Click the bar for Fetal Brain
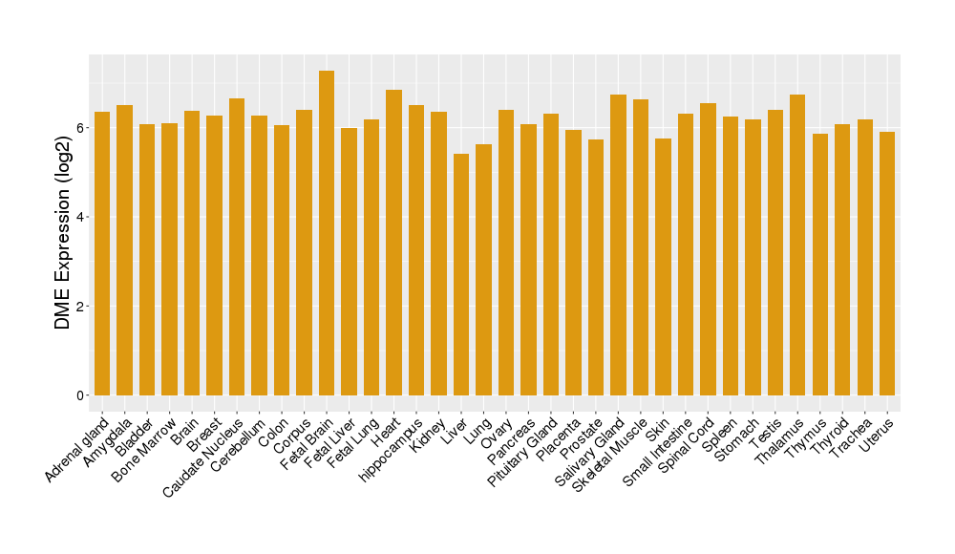[327, 233]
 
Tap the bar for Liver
[461, 274]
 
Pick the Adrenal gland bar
[102, 253]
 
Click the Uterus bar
[887, 264]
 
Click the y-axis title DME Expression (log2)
[63, 233]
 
